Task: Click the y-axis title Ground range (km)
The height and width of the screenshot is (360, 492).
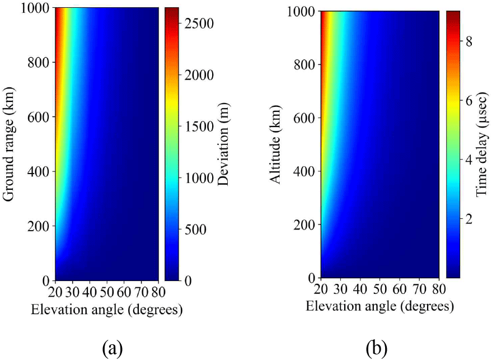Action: pos(8,144)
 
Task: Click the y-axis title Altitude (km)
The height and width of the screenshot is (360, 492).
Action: pos(274,144)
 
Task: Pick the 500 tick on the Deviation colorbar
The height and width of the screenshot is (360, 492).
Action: pos(193,229)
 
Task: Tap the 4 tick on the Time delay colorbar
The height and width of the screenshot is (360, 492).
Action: pos(468,160)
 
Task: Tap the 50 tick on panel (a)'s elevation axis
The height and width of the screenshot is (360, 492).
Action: pos(107,292)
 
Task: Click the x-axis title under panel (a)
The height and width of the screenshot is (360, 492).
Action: pos(106,308)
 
